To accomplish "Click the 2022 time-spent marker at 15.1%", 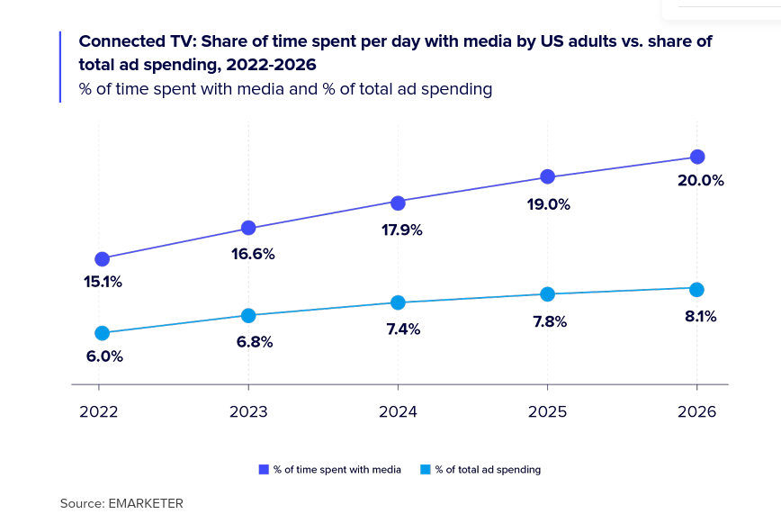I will [x=103, y=259].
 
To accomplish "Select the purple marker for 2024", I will [x=398, y=202].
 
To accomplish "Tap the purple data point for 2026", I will [x=696, y=158].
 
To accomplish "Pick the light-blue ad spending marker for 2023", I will [x=249, y=315].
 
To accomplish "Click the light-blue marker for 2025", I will [x=547, y=293].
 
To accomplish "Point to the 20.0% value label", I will [x=700, y=181].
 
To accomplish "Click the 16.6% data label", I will [x=253, y=254].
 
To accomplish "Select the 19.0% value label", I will [x=549, y=204].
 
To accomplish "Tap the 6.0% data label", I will [x=104, y=356].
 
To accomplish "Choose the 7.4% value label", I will [x=403, y=329].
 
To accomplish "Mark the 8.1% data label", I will [x=700, y=317].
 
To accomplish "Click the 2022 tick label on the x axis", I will [x=98, y=412].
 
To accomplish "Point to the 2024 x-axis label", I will [x=398, y=412].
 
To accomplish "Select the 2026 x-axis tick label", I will [x=696, y=412].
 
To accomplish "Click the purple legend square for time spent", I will [x=264, y=469].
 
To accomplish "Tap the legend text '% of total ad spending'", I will [x=488, y=469].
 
